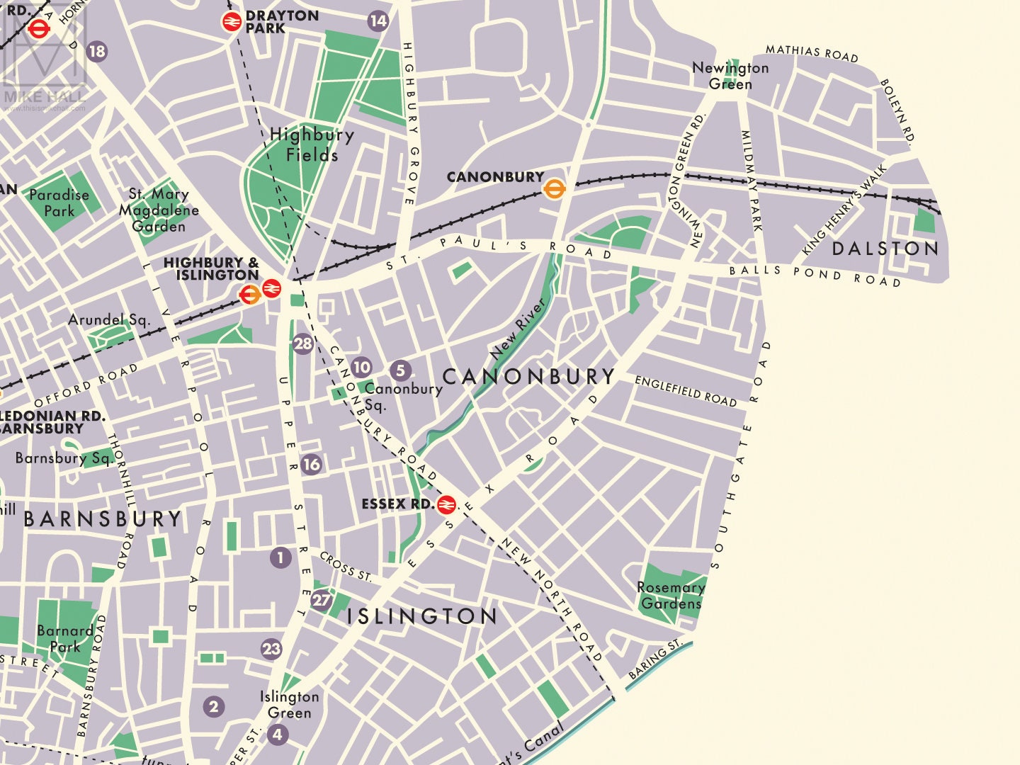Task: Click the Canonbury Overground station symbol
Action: (554, 189)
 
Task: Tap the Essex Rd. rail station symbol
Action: (446, 504)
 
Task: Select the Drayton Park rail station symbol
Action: (232, 22)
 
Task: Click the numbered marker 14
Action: (378, 21)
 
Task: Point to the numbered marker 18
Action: (96, 51)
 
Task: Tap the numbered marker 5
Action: (400, 370)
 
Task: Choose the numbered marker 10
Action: (361, 367)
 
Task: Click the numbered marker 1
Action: (280, 557)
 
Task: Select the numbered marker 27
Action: (322, 600)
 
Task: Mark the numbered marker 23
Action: (271, 649)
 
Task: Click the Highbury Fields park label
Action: (312, 144)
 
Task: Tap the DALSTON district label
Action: (885, 249)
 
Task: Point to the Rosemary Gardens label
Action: (670, 596)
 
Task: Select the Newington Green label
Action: (730, 76)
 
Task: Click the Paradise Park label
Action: (59, 203)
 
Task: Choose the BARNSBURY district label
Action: (103, 519)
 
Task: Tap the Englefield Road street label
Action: (686, 391)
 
